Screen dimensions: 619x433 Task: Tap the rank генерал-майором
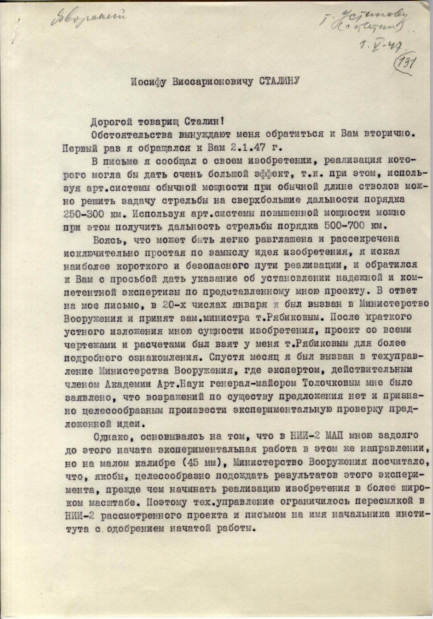pyautogui.click(x=254, y=383)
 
